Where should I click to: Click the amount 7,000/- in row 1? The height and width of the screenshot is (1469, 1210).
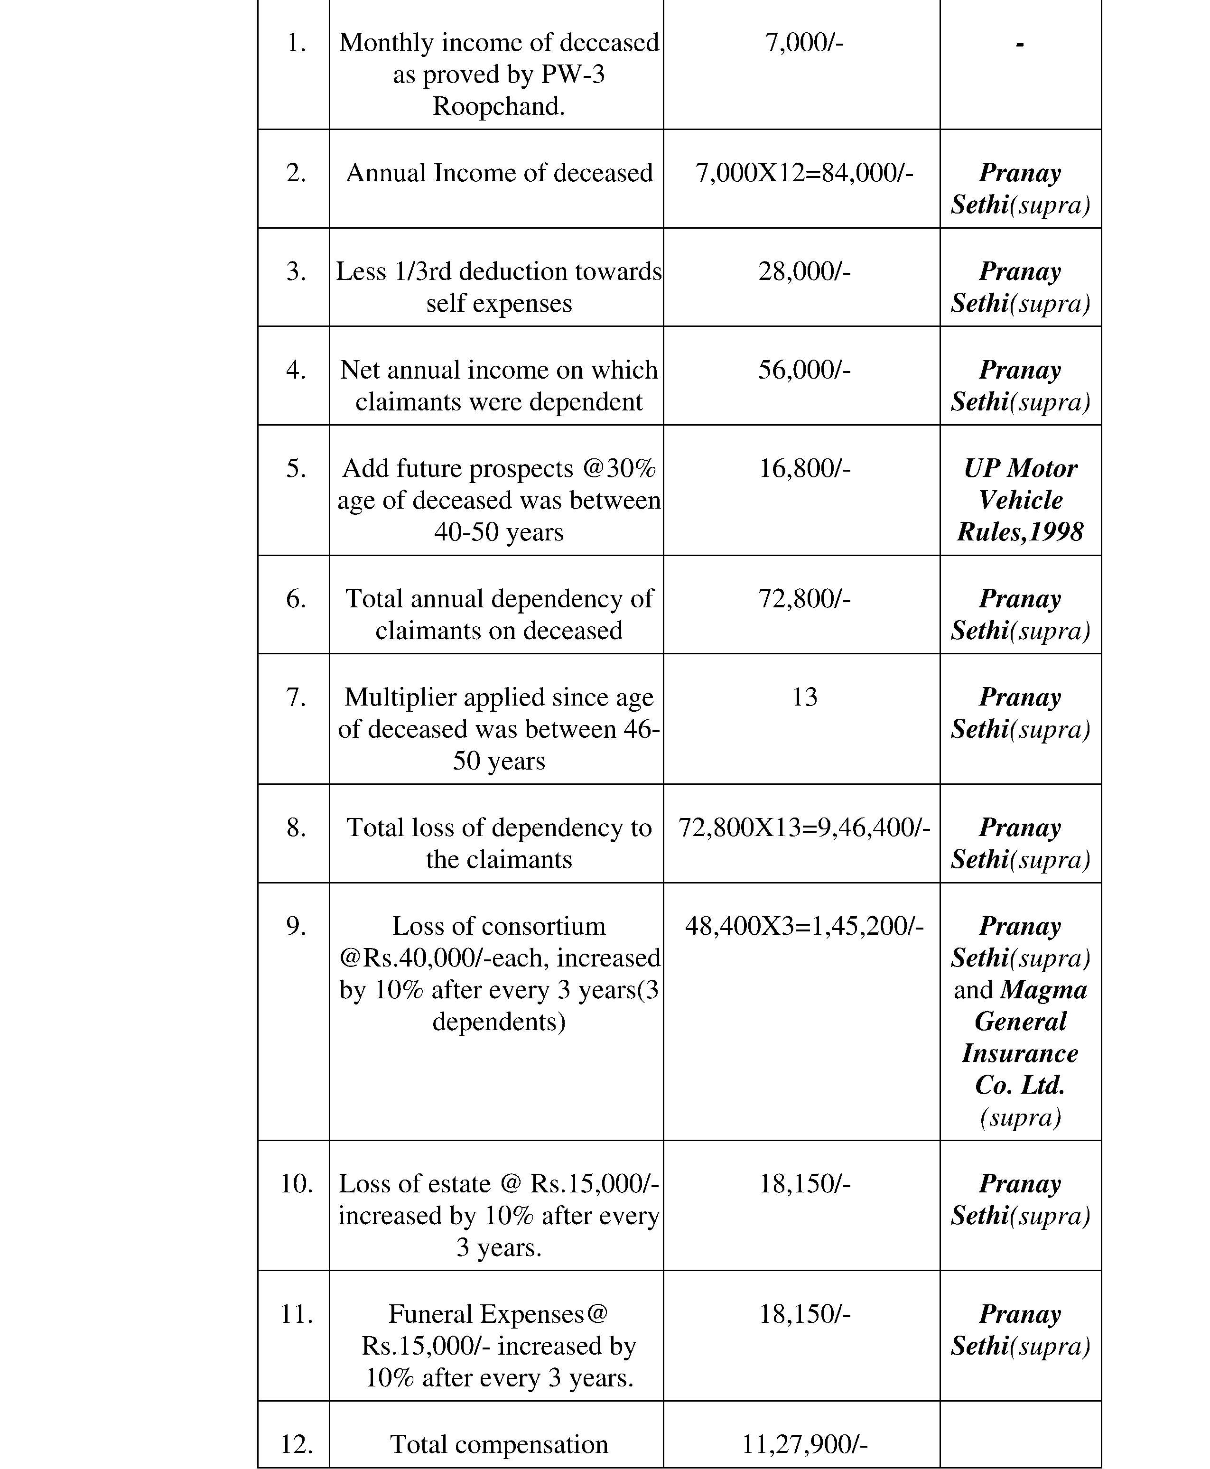pyautogui.click(x=804, y=43)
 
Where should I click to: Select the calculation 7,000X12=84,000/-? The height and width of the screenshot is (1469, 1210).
pyautogui.click(x=804, y=173)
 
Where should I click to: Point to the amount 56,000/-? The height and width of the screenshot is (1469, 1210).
pyautogui.click(x=804, y=370)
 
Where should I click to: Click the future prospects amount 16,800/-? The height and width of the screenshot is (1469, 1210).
pyautogui.click(x=804, y=468)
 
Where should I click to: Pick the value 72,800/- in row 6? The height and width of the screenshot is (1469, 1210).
pyautogui.click(x=804, y=599)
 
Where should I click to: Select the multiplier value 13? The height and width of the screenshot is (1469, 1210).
pyautogui.click(x=804, y=697)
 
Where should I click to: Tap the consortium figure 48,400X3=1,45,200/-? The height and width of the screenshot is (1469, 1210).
pyautogui.click(x=804, y=926)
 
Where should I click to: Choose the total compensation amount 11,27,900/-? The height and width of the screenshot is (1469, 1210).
pyautogui.click(x=804, y=1445)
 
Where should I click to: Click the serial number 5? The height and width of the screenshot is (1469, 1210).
pyautogui.click(x=296, y=468)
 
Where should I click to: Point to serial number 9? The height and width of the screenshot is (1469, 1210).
pyautogui.click(x=296, y=926)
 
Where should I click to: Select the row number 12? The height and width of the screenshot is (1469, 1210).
pyautogui.click(x=296, y=1445)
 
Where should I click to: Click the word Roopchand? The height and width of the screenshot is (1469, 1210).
pyautogui.click(x=498, y=107)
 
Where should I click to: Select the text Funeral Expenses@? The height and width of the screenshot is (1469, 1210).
pyautogui.click(x=498, y=1314)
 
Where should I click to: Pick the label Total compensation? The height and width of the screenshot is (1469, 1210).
pyautogui.click(x=498, y=1445)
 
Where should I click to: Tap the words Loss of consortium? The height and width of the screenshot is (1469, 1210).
pyautogui.click(x=498, y=926)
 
